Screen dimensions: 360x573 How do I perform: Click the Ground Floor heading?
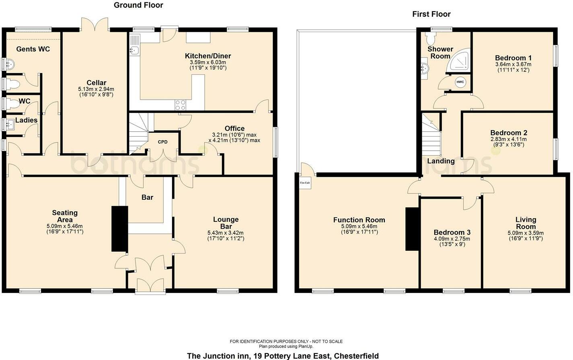pos(138,5)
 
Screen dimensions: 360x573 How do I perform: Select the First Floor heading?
pos(431,14)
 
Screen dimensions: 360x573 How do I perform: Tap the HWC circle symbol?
pos(460,82)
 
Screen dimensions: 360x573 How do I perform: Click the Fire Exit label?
pos(305,183)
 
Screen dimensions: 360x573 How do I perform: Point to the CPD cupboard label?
pos(162,142)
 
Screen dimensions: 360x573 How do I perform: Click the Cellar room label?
pos(96,83)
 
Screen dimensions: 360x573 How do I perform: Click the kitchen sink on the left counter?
pos(134,50)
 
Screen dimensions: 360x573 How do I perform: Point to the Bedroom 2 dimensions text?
pos(508,142)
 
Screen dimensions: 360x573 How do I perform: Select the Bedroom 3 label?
pos(452,232)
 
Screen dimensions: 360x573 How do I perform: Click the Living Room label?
pos(526,223)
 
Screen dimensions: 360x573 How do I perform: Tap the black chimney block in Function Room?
pos(412,229)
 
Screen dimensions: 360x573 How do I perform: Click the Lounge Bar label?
pos(226,223)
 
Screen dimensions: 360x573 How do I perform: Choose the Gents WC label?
pos(33,49)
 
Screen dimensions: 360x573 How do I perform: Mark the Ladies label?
pos(26,120)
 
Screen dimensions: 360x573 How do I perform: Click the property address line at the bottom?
pos(283,356)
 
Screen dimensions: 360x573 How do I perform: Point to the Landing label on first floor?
pos(441,161)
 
